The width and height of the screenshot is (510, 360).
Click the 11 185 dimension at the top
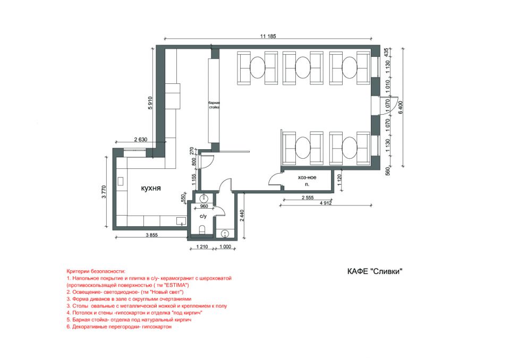point(268,36)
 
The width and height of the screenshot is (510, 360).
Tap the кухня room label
point(151,188)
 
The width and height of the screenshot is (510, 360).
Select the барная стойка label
point(214,105)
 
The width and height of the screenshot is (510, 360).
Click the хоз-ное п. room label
point(307,181)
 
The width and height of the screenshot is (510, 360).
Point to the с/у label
point(203,216)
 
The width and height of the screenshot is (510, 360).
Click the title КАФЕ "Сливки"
point(375,271)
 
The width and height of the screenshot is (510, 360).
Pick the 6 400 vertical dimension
point(401,107)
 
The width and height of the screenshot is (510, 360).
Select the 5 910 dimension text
point(150,103)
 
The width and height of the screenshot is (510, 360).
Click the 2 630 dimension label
point(140,140)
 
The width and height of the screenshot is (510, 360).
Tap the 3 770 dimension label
point(104,192)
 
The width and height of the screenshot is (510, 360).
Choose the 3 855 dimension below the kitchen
point(151,235)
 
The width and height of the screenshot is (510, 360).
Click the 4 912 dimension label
point(326,203)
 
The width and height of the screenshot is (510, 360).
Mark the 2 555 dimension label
point(308,198)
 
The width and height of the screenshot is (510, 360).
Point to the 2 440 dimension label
point(242,216)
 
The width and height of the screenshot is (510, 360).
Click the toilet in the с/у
point(202,229)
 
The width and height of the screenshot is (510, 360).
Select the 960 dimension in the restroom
point(204,206)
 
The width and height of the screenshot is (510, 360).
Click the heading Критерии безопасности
point(96,271)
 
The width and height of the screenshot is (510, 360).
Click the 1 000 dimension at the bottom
point(225,246)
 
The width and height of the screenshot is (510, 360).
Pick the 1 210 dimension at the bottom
point(202,246)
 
